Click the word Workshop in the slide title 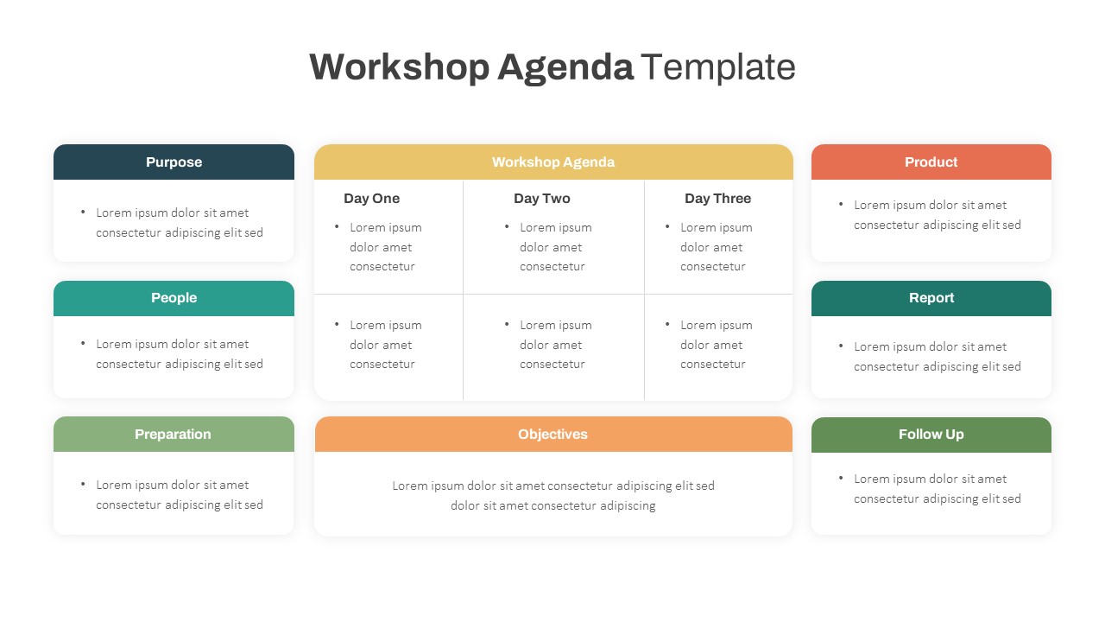[399, 67]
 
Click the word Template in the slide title [717, 67]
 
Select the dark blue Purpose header [174, 162]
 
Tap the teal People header [174, 298]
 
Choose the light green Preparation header [174, 435]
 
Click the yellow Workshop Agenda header [553, 162]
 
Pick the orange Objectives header [553, 435]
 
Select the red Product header [931, 162]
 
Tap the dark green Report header [931, 298]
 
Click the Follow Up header [931, 435]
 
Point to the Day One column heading [372, 199]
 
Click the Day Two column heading [542, 199]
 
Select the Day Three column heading [718, 199]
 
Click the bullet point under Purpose [83, 213]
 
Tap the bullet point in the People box [83, 344]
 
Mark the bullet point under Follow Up [841, 479]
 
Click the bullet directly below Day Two [507, 227]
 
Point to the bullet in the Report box [841, 346]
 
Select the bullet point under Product [841, 205]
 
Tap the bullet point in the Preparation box [83, 485]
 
